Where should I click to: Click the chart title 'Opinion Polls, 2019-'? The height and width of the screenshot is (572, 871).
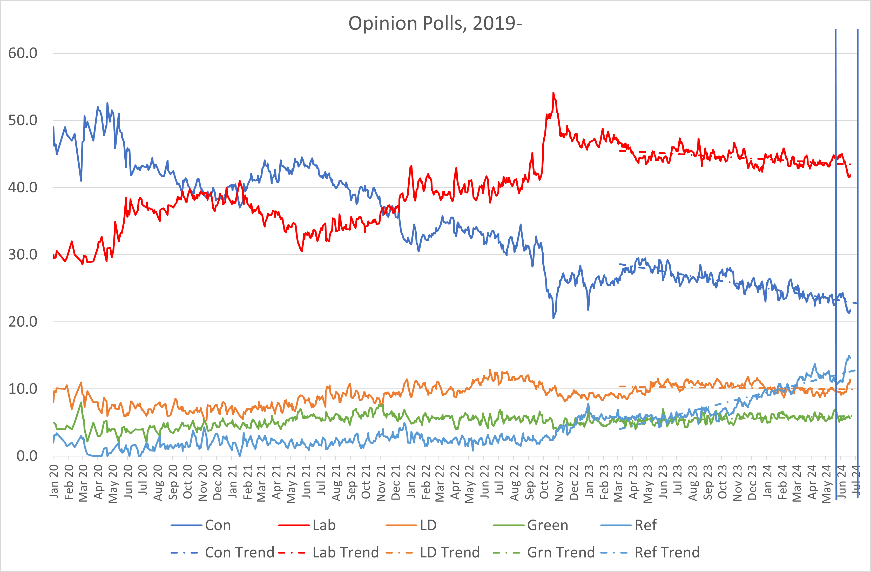pos(435,23)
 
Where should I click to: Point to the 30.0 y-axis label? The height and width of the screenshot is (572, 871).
pos(23,255)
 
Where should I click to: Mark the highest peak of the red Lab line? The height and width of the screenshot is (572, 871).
pos(553,93)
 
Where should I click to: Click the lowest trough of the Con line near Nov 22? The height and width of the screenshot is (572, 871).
pos(553,318)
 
